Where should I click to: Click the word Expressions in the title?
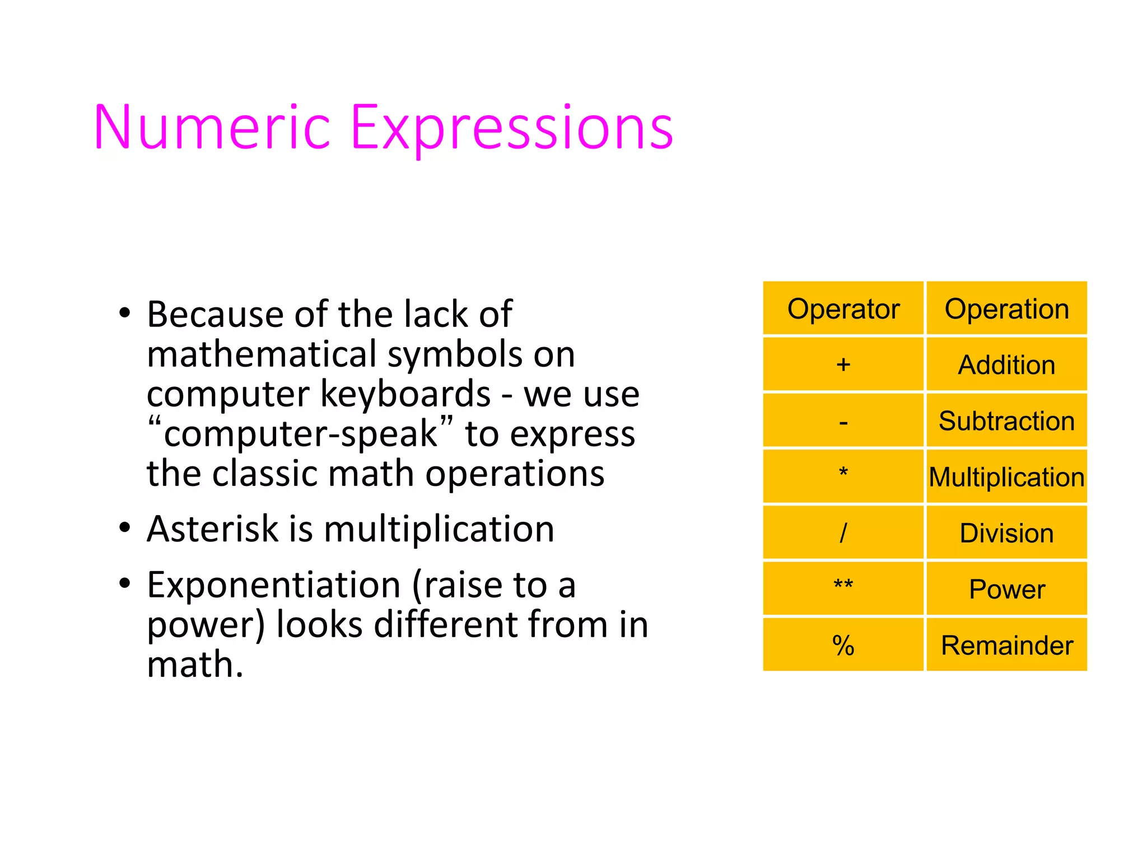511,129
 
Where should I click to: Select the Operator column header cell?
843,309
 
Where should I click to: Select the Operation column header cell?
1006,309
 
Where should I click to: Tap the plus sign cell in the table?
843,364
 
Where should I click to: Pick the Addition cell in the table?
1006,364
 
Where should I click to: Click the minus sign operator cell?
843,421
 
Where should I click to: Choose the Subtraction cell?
1006,421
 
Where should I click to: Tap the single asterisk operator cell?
843,476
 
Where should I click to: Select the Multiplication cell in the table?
1006,477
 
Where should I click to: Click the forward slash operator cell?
843,532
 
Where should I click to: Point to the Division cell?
1006,532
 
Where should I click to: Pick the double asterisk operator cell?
843,588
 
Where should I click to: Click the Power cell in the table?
1006,589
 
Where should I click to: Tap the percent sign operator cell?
843,645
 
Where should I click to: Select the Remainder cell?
1006,645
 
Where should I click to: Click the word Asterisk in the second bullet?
212,529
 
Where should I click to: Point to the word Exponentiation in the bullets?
273,585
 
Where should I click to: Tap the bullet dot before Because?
124,313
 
